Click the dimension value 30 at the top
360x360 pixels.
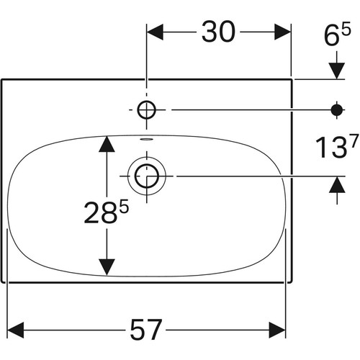[218, 32]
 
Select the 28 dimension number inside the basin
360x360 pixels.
[101, 213]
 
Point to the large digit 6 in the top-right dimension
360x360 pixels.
[331, 35]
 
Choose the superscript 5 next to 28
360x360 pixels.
[124, 207]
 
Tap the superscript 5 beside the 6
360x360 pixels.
[346, 29]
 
